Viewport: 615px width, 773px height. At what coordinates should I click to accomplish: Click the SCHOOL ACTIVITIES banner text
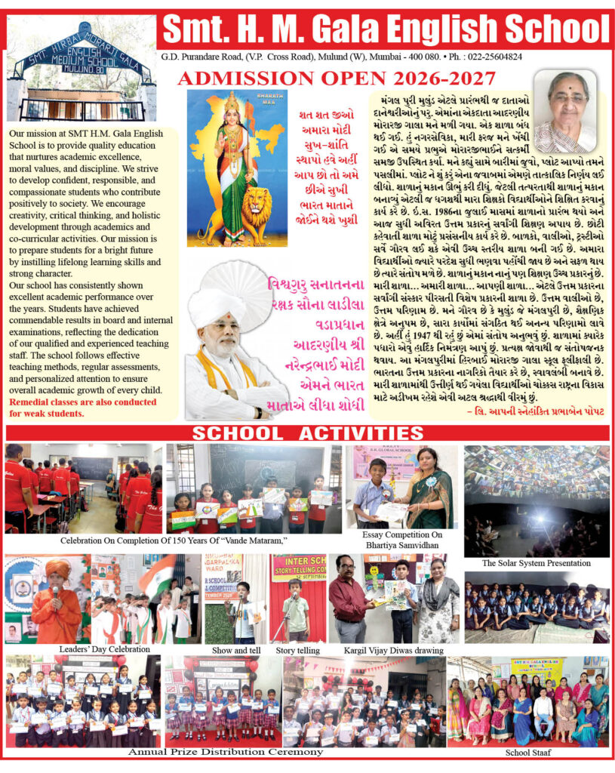point(307,433)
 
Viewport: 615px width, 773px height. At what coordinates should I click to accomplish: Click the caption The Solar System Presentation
point(536,563)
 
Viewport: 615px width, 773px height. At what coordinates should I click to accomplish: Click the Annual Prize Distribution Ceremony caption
point(226,752)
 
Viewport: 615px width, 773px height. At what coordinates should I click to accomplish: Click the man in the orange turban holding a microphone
point(56,600)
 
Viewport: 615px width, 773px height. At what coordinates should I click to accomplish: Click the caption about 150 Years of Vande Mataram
point(177,541)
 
